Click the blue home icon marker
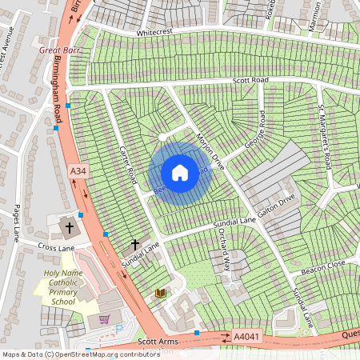pos(180,172)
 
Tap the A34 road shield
pos(78,172)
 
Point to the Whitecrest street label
pos(155,33)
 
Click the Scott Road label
pos(250,80)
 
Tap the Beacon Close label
pos(323,267)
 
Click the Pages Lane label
pos(16,220)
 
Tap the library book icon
pos(160,294)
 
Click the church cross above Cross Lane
pos(70,227)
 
